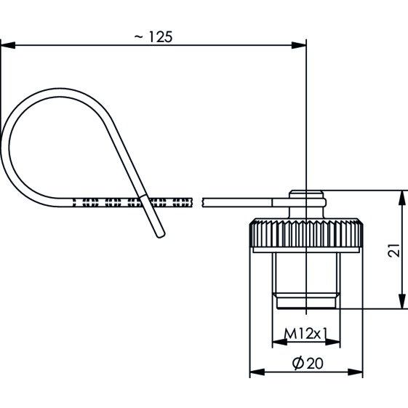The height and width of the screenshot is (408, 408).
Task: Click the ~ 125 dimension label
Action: click(153, 36)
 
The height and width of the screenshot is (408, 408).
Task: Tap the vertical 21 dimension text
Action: click(393, 250)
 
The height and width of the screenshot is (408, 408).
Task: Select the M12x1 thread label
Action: click(305, 334)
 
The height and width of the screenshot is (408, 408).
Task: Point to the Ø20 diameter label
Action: click(308, 363)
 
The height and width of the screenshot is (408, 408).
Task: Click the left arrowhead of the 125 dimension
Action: click(8, 45)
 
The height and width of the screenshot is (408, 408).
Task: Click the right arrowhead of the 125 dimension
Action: click(299, 45)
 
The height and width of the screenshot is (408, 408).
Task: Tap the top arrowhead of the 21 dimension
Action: click(402, 199)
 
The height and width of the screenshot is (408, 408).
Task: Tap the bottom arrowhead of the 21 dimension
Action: click(402, 301)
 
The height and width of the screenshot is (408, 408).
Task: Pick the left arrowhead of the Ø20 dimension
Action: click(257, 372)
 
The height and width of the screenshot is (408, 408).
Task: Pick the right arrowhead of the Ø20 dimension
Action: click(356, 372)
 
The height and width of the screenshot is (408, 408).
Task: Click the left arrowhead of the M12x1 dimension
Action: click(279, 342)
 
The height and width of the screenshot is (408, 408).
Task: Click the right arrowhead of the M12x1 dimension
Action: click(333, 342)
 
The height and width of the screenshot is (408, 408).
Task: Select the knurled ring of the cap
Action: click(306, 233)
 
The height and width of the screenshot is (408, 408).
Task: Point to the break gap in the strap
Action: click(198, 202)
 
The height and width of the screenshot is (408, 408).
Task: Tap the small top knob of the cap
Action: click(306, 195)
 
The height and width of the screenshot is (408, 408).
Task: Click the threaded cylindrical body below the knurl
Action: click(306, 273)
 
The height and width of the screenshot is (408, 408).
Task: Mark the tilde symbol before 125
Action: click(139, 37)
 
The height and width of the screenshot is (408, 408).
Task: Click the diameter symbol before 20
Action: click(298, 363)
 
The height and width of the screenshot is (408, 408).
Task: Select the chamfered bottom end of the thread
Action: click(306, 301)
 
